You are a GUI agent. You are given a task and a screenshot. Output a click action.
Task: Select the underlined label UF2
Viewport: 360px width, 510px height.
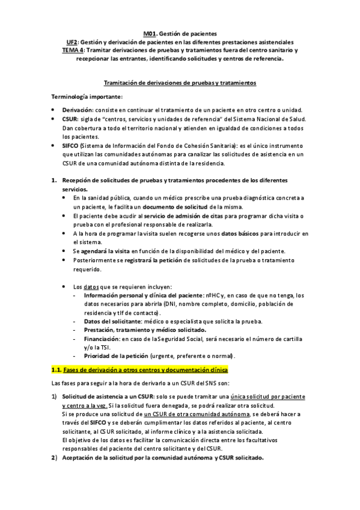click(72, 43)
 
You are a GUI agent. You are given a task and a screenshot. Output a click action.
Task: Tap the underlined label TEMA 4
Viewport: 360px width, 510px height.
click(74, 51)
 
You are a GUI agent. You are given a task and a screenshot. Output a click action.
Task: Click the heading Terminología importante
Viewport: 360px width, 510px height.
click(87, 97)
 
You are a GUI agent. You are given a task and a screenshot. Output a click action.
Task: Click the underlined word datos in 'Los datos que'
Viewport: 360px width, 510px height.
click(91, 286)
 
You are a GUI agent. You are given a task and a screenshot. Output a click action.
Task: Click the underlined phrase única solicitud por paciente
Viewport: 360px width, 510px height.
click(259, 397)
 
